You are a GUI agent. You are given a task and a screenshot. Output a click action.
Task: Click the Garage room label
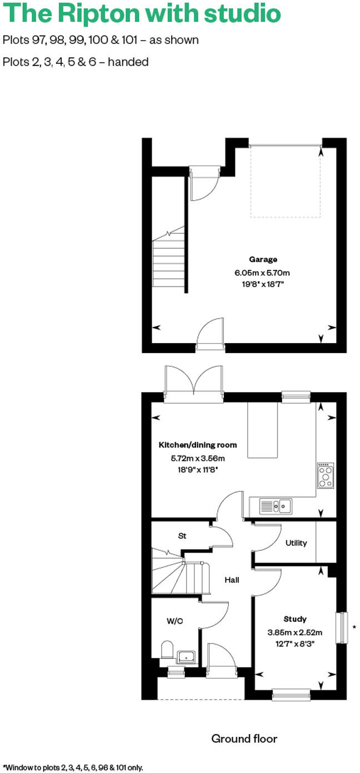[x=263, y=259]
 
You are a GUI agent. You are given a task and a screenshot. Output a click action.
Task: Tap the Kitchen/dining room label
[x=198, y=445]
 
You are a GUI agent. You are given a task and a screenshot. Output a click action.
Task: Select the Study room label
[x=295, y=619]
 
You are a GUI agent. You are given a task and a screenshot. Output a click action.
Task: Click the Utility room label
[x=296, y=543]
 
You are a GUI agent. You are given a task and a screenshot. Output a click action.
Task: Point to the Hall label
[x=232, y=580]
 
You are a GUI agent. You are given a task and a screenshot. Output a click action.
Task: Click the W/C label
[x=174, y=621]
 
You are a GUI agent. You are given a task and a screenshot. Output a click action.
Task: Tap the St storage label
[x=182, y=536]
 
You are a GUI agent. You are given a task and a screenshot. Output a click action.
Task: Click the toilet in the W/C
[x=167, y=650]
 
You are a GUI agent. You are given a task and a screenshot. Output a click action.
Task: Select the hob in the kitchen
[x=325, y=476]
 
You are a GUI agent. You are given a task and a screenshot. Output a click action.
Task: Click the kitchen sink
[x=276, y=506]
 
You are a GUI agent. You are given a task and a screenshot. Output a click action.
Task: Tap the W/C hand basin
[x=186, y=657]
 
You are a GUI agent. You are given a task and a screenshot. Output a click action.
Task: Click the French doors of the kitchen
[x=194, y=383]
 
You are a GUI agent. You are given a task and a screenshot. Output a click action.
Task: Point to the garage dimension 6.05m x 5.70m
[x=263, y=273]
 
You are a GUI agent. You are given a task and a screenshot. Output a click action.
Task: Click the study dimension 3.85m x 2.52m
[x=295, y=632]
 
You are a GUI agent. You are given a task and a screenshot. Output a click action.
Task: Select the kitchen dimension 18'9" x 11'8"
[x=198, y=469]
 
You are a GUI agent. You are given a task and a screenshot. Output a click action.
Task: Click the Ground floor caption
[x=244, y=739]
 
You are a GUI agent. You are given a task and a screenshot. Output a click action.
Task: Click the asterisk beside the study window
[x=354, y=628]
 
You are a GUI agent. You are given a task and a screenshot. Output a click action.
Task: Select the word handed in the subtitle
[x=128, y=62]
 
